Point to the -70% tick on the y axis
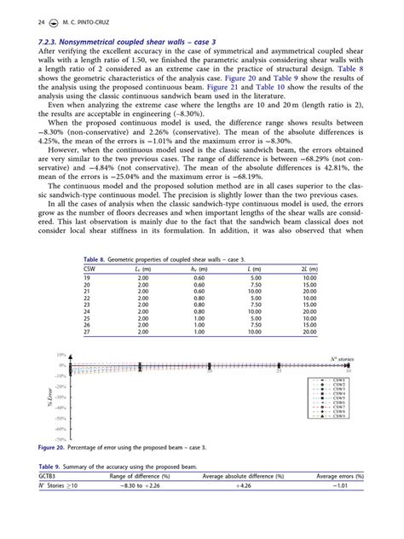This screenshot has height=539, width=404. [61, 438]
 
